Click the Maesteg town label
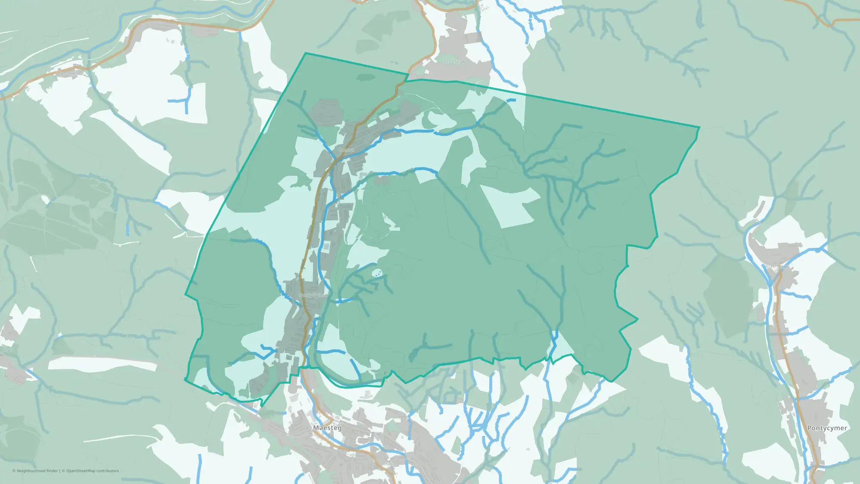point(327,428)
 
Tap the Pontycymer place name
point(827,428)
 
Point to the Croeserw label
point(454,62)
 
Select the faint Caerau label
point(346,150)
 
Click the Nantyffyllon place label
point(313,295)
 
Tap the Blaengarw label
point(777,267)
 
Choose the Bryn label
point(8,350)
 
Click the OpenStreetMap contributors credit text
point(92,471)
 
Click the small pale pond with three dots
point(377,273)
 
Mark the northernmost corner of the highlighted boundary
point(306,53)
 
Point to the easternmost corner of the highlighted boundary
point(700,127)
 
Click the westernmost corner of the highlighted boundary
point(185,295)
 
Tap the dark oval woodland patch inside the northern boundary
point(366,77)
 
